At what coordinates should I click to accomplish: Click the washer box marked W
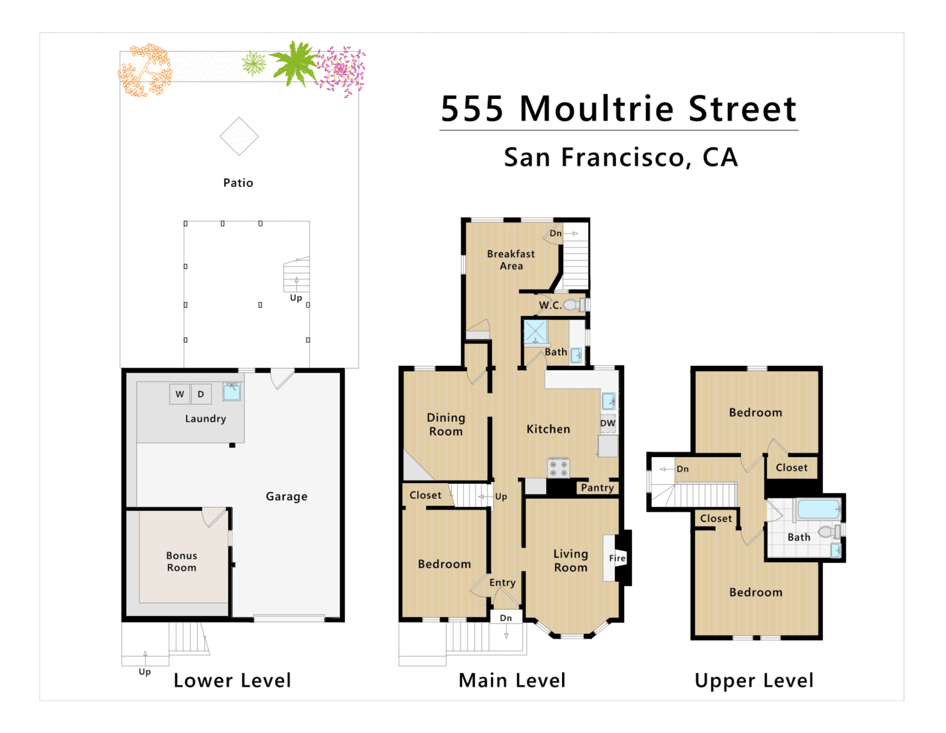(180, 394)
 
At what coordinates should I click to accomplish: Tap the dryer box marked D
(201, 394)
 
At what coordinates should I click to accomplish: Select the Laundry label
(206, 419)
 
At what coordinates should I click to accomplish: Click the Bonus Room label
(182, 561)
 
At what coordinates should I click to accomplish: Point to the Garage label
(287, 497)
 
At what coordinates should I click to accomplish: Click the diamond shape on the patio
(239, 136)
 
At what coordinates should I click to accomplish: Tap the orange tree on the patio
(145, 71)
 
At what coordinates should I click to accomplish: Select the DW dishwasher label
(608, 423)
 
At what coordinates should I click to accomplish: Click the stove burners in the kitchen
(558, 468)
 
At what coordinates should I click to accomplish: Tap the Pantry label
(597, 488)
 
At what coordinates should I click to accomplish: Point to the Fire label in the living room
(617, 558)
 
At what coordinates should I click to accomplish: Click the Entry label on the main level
(502, 583)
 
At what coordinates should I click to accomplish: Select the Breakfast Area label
(511, 260)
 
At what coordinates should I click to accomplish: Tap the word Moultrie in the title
(596, 109)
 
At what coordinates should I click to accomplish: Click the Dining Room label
(446, 425)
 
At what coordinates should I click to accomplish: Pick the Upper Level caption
(754, 681)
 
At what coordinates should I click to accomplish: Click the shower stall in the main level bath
(536, 332)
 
